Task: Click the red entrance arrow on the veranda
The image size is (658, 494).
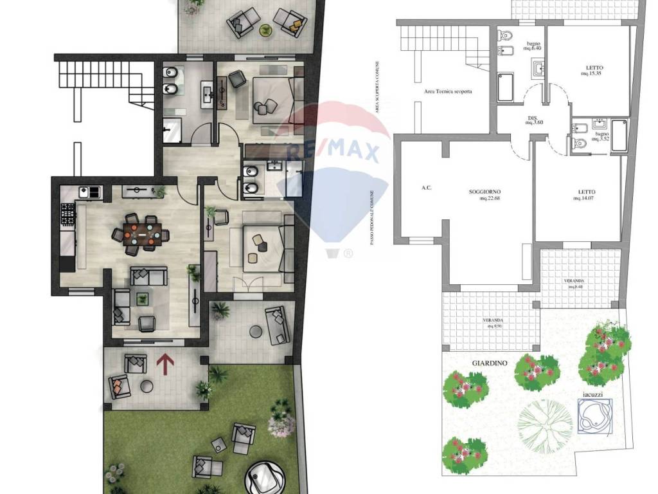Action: (165, 364)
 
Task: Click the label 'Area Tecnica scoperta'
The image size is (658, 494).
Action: (448, 91)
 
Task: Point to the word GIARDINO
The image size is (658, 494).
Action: (490, 363)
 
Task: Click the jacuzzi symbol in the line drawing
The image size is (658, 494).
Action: (594, 415)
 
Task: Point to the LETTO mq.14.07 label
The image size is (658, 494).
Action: (585, 195)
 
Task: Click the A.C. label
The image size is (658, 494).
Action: (425, 188)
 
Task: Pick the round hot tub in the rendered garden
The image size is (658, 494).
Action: (265, 477)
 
